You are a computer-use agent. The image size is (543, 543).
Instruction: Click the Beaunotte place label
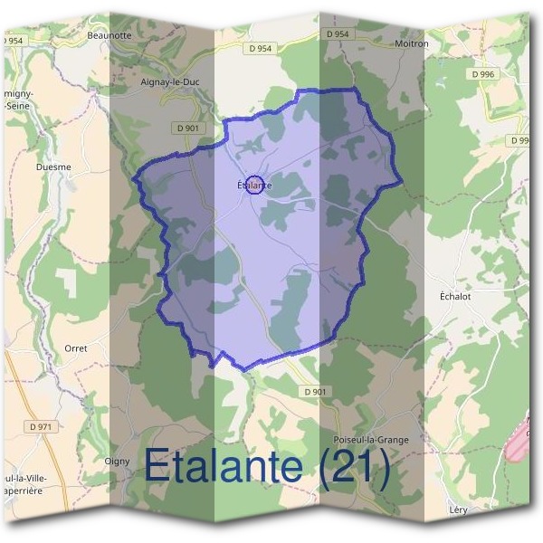110,35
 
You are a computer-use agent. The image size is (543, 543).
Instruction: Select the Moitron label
412,43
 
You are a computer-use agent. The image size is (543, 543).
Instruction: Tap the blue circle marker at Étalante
254,185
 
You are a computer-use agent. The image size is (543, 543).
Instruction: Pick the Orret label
76,348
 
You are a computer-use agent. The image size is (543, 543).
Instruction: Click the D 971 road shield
41,425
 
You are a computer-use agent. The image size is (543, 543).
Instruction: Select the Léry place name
458,510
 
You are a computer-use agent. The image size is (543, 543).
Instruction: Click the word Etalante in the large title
223,466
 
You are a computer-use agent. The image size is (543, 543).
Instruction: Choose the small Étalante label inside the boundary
254,186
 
